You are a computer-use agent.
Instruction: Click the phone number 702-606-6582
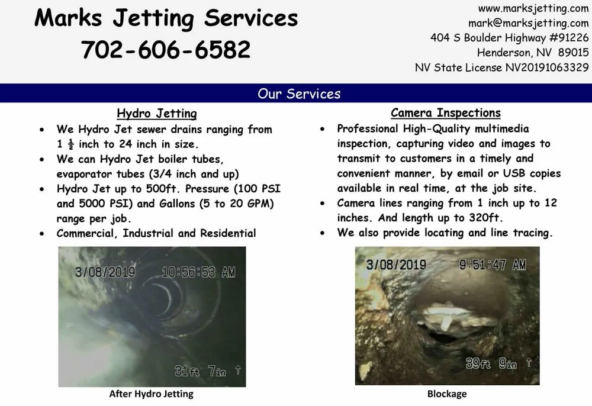point(166,50)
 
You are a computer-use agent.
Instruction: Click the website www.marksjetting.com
point(533,8)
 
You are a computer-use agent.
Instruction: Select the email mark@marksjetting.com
point(528,23)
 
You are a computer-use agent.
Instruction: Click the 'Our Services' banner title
point(299,94)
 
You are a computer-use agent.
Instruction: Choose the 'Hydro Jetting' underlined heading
point(156,114)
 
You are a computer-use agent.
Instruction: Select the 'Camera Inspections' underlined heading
point(445,113)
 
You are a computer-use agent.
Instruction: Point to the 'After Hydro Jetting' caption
point(151,394)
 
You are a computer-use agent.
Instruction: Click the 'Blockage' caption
point(447,394)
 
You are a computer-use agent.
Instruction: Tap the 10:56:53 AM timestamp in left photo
point(198,272)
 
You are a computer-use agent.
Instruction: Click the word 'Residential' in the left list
point(227,233)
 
